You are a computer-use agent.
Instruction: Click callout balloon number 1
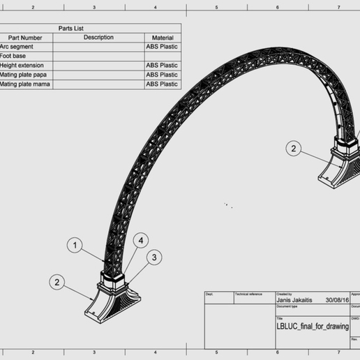coord(75,246)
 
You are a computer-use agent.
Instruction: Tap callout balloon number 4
coord(142,241)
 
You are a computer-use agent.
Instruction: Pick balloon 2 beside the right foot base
coord(294,148)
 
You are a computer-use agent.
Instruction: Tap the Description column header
coord(98,38)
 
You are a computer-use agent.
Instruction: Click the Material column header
coord(161,38)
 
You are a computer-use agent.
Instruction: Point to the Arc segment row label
coord(17,47)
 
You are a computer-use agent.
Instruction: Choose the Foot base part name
coord(14,56)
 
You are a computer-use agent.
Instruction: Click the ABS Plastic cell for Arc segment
coord(161,47)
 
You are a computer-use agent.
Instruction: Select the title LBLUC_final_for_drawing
coord(313,326)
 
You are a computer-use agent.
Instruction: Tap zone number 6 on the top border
coord(278,7)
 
